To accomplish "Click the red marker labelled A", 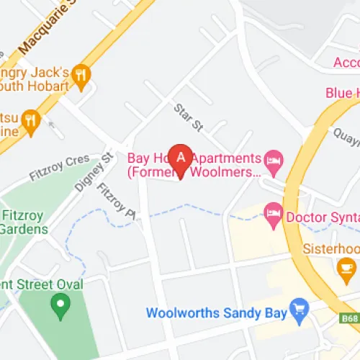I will pyautogui.click(x=181, y=158).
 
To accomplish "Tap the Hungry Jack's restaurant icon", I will pyautogui.click(x=81, y=74).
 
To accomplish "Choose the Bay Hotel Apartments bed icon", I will pyautogui.click(x=272, y=158).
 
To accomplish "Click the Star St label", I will pyautogui.click(x=189, y=117).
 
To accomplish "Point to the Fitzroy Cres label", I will pyautogui.click(x=59, y=167).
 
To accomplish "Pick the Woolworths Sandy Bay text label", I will pyautogui.click(x=215, y=313).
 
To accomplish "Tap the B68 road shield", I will pyautogui.click(x=348, y=318).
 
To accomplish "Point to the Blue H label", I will pyautogui.click(x=342, y=93).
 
